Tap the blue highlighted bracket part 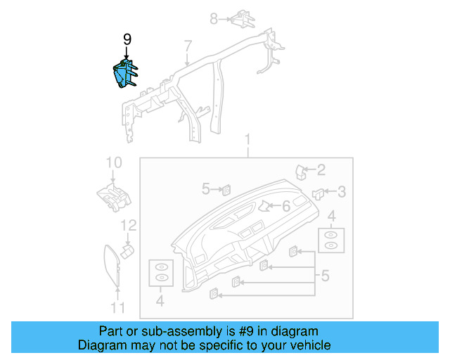pos(124,75)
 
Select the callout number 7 pos(187,47)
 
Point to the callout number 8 pos(214,19)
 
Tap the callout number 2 pos(321,169)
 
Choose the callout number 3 pos(341,191)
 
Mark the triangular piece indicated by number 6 pos(266,206)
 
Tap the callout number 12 pos(128,226)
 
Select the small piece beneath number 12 pos(127,250)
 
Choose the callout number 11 pos(117,307)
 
